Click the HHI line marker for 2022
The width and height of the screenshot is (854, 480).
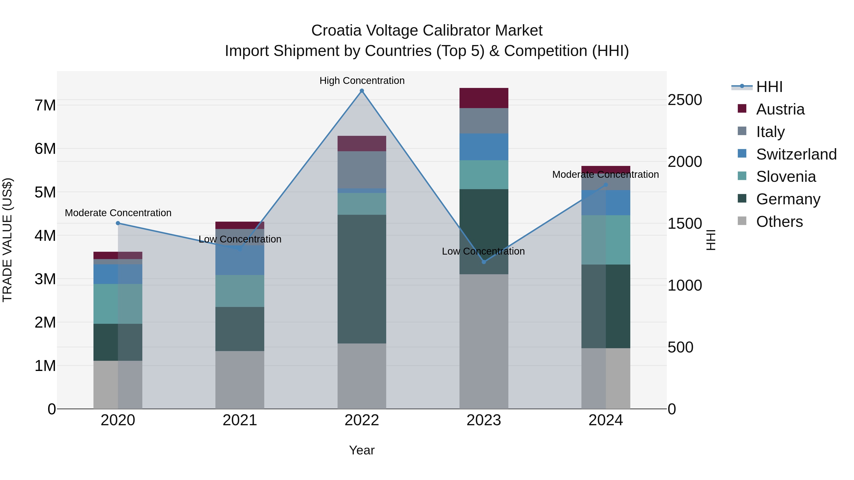(362, 91)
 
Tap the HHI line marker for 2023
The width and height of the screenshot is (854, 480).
(484, 262)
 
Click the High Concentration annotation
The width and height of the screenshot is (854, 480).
(362, 81)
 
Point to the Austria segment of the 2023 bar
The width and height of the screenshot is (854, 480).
(484, 98)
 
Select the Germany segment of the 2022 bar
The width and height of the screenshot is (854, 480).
(362, 279)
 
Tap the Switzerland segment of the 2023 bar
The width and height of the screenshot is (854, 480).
(484, 147)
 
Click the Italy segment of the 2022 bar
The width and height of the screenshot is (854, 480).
(362, 170)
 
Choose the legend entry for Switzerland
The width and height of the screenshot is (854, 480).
(796, 154)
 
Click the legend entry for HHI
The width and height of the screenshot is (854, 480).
(769, 87)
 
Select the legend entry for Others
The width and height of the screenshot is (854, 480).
(779, 222)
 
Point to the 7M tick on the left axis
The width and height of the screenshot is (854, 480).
(45, 105)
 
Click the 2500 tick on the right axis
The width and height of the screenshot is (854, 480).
(685, 100)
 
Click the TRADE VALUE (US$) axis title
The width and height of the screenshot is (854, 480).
(7, 240)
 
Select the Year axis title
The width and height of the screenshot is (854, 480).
(362, 450)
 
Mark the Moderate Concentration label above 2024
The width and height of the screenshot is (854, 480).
(605, 174)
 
